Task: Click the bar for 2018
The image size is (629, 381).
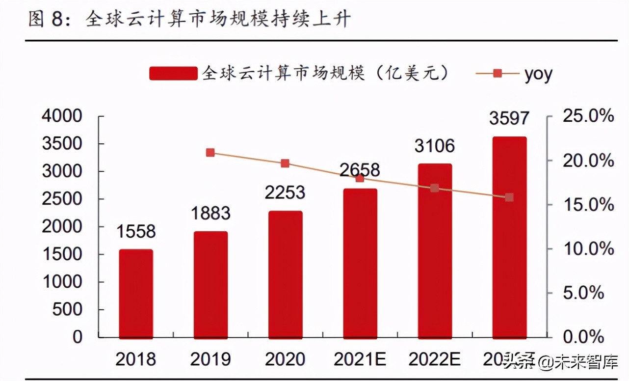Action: click(x=136, y=293)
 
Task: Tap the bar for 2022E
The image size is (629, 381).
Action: click(x=434, y=250)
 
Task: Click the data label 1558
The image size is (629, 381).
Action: click(x=136, y=232)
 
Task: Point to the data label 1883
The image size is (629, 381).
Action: click(x=210, y=214)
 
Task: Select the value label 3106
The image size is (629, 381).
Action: click(x=434, y=146)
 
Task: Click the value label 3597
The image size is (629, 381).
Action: click(x=509, y=118)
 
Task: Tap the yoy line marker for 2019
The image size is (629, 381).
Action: click(x=210, y=153)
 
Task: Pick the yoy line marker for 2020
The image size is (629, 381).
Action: click(x=285, y=163)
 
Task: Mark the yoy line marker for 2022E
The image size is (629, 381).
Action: click(x=434, y=188)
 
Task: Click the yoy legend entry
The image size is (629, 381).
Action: click(x=537, y=74)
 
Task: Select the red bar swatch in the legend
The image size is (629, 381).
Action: click(x=173, y=74)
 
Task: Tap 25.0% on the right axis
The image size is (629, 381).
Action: click(x=588, y=116)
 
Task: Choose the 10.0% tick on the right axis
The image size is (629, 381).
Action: click(x=588, y=249)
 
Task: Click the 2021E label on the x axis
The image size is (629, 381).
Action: click(x=360, y=359)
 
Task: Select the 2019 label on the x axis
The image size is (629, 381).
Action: click(x=210, y=359)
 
